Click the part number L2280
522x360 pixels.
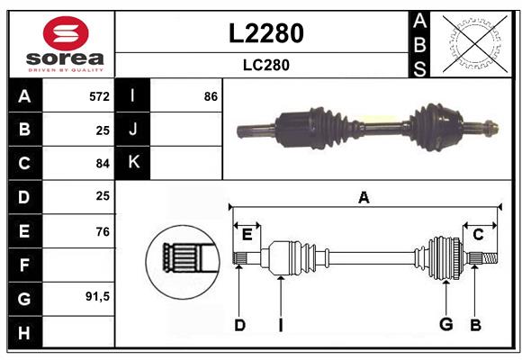(266, 33)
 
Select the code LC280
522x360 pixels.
(266, 65)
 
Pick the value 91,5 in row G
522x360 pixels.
(97, 297)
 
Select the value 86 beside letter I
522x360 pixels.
(211, 95)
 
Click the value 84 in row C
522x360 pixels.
(102, 163)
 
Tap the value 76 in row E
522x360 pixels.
(102, 230)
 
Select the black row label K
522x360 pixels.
(133, 163)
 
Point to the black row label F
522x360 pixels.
(24, 265)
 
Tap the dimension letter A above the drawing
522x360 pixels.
(364, 197)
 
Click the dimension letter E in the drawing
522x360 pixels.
(247, 234)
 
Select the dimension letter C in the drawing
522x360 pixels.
(479, 234)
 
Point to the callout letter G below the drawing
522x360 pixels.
(445, 324)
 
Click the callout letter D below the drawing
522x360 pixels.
(239, 324)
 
